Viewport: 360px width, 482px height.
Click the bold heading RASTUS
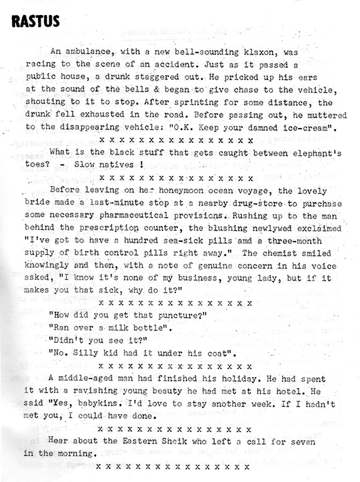click(x=35, y=22)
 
